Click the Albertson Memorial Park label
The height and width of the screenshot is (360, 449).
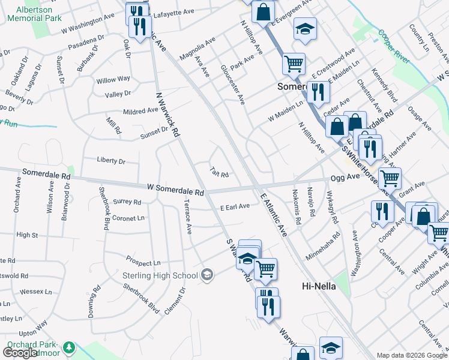pyautogui.click(x=35, y=14)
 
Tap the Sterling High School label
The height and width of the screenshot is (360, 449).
pyautogui.click(x=160, y=275)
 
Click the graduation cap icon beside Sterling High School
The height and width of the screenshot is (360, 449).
pyautogui.click(x=207, y=275)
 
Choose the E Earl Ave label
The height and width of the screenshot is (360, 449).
pyautogui.click(x=235, y=206)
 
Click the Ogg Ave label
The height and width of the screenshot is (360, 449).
pyautogui.click(x=342, y=178)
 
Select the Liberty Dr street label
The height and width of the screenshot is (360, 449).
pyautogui.click(x=111, y=161)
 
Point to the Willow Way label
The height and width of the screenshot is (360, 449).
pyautogui.click(x=113, y=79)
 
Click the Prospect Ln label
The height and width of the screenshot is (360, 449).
pyautogui.click(x=143, y=262)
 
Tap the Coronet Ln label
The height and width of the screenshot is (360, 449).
pyautogui.click(x=129, y=218)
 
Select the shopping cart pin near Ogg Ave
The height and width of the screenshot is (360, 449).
pyautogui.click(x=390, y=178)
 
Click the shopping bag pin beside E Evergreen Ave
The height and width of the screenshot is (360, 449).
pyautogui.click(x=263, y=11)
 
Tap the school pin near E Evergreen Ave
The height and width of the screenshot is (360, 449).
pyautogui.click(x=305, y=28)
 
